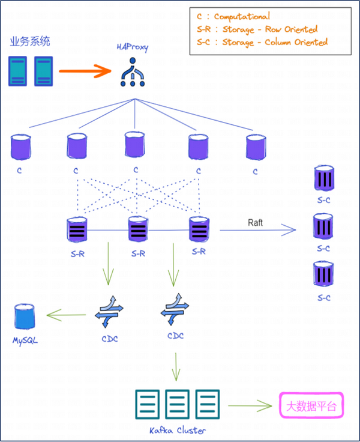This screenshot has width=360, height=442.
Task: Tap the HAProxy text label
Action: coord(133,47)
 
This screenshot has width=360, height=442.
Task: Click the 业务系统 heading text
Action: coord(30,41)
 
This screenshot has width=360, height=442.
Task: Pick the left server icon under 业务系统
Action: coord(19,71)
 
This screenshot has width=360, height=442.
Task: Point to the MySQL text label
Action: coord(25,340)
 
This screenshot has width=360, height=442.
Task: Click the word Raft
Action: coord(255,223)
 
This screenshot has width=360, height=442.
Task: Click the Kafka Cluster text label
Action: coord(177,430)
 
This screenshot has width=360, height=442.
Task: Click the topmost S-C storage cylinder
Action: coord(324,179)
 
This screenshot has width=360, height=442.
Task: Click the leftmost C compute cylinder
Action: coord(20,147)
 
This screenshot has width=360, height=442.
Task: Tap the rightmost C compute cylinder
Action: coord(256,147)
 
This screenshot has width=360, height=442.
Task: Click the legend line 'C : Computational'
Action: coord(233,17)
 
